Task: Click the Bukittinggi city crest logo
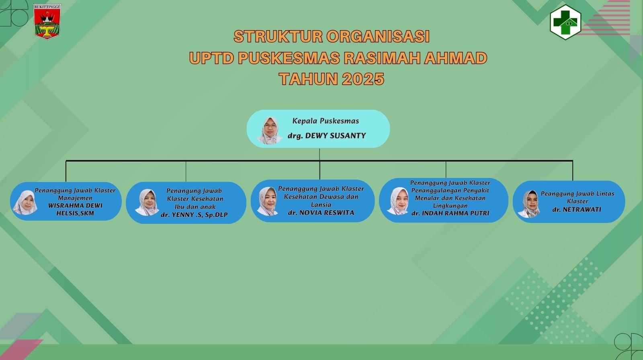(47, 22)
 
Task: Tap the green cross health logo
(565, 22)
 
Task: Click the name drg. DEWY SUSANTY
(327, 135)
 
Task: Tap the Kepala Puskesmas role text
(326, 121)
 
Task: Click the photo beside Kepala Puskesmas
(270, 130)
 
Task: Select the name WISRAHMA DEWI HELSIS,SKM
(75, 209)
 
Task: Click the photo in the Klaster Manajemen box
(25, 202)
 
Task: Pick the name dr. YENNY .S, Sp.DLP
(194, 215)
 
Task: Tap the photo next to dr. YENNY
(147, 202)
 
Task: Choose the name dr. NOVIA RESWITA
(321, 213)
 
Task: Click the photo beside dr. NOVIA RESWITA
(268, 201)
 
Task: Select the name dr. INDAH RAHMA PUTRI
(450, 213)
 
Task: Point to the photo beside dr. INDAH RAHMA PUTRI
(398, 201)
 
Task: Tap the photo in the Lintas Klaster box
(529, 204)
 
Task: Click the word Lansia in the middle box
(321, 205)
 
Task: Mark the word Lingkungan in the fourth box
(450, 206)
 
